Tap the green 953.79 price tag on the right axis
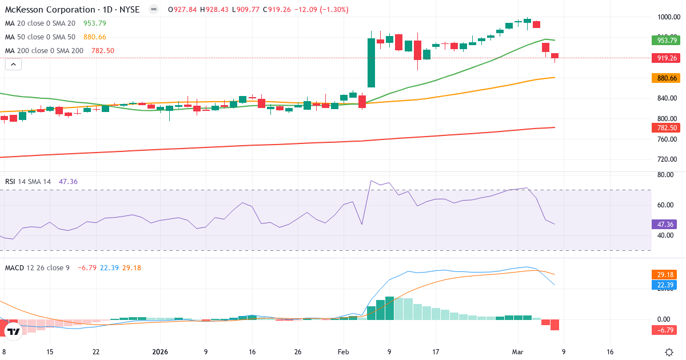(x=666, y=40)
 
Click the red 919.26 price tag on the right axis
(x=666, y=58)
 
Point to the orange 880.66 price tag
(x=666, y=78)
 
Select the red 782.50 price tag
(x=666, y=128)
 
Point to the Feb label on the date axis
(x=343, y=352)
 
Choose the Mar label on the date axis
(x=517, y=352)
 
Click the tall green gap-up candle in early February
(x=371, y=63)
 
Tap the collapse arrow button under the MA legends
(x=13, y=65)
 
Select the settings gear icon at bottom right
(x=669, y=352)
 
